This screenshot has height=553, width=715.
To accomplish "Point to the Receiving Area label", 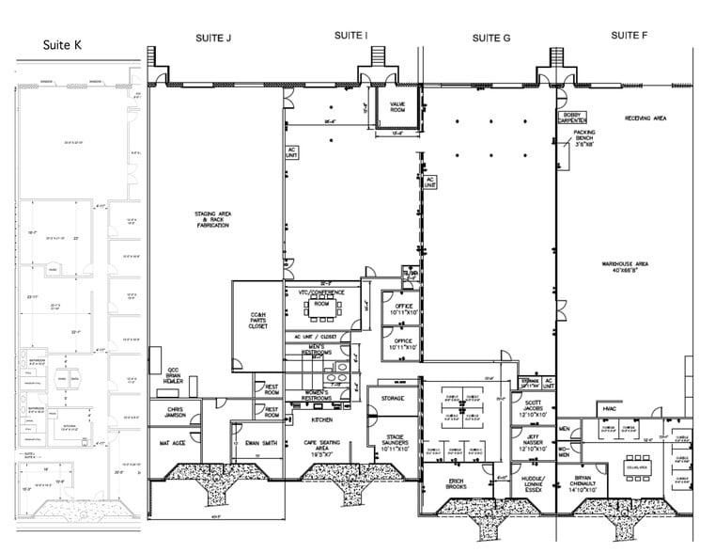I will (645, 118).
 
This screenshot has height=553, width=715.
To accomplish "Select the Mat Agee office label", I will (170, 441).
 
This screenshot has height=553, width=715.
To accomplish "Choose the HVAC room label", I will (605, 408).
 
